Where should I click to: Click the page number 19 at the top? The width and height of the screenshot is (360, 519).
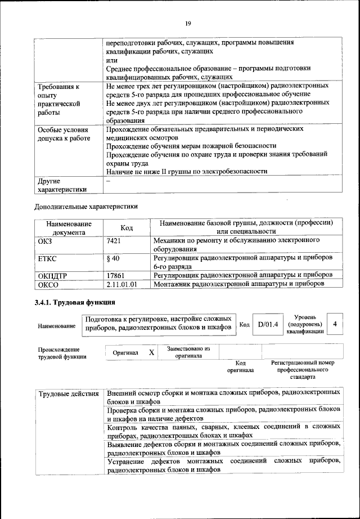188,23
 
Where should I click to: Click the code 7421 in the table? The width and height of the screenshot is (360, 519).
114,241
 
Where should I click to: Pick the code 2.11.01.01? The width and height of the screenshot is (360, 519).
121,284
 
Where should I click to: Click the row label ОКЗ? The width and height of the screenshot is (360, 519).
46,241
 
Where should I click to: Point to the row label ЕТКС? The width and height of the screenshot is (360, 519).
48,258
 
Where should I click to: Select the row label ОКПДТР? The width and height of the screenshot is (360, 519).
53,275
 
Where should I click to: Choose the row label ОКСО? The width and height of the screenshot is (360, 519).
48,284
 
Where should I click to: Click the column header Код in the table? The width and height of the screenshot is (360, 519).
127,227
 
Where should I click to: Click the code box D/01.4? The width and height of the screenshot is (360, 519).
268,325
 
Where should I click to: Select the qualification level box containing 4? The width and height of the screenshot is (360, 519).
335,324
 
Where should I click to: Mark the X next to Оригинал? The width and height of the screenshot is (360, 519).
151,352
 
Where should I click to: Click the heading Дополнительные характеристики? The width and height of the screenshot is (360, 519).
86,206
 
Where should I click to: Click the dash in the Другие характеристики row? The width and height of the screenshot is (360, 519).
109,182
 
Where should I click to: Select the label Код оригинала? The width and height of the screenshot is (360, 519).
240,367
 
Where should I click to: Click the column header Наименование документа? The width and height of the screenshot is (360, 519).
69,227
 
